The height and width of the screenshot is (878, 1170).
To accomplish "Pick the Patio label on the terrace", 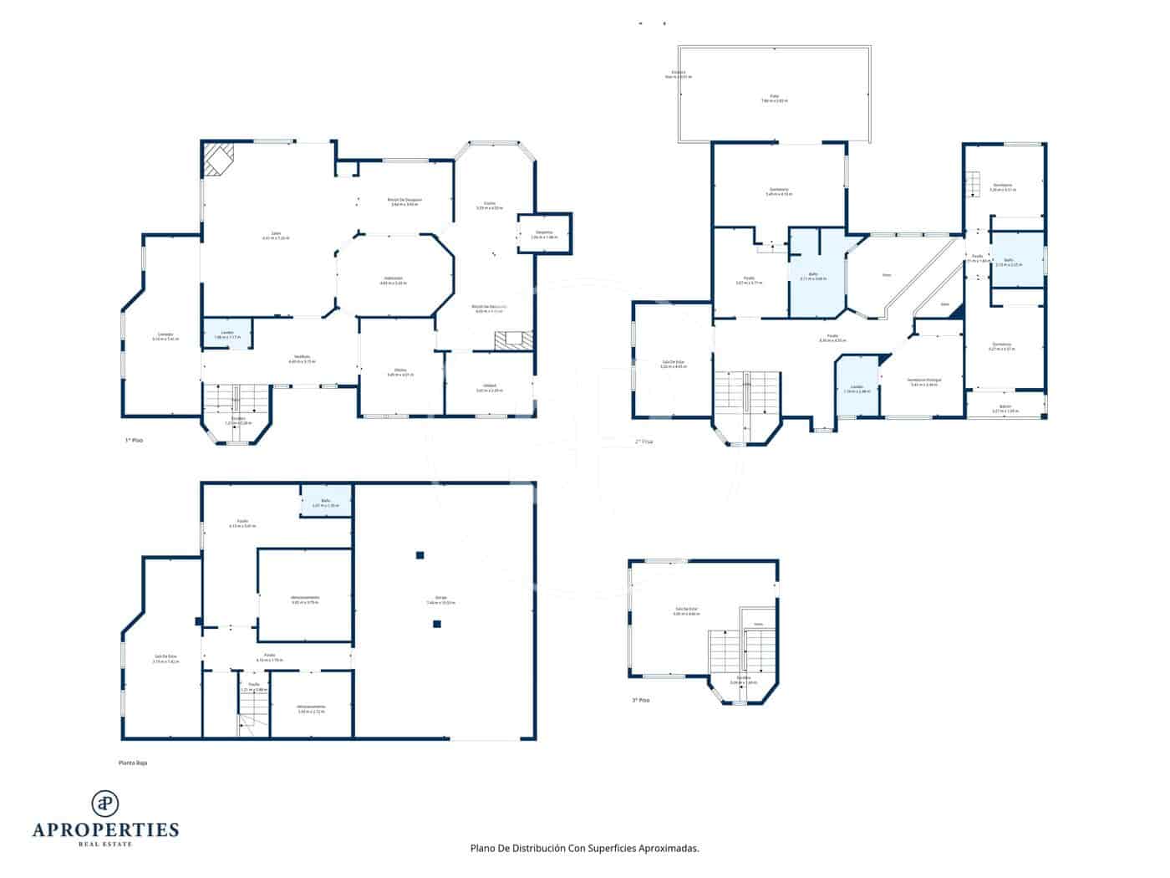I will pyautogui.click(x=774, y=97).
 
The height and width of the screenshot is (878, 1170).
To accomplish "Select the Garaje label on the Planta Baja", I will pyautogui.click(x=440, y=598).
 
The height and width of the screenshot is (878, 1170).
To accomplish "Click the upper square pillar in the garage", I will pyautogui.click(x=420, y=554).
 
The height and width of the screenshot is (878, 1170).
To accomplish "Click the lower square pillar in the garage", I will pyautogui.click(x=436, y=623).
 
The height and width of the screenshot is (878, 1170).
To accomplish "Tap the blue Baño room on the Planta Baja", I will pyautogui.click(x=325, y=502).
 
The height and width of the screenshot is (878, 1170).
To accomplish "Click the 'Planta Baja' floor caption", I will pyautogui.click(x=133, y=763).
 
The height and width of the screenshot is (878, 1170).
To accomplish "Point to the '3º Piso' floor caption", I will pyautogui.click(x=640, y=700).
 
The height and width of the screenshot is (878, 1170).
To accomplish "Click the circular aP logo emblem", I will pyautogui.click(x=105, y=804).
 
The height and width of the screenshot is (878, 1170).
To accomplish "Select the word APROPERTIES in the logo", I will pyautogui.click(x=105, y=830).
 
